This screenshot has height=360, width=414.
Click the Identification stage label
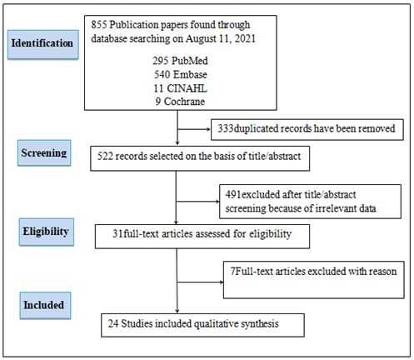(43, 44)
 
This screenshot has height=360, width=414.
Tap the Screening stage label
(44, 152)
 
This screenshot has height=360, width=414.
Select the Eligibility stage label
(47, 232)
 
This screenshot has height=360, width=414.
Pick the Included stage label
(45, 305)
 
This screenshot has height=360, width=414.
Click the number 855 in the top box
(99, 25)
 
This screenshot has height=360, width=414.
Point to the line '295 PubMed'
(180, 61)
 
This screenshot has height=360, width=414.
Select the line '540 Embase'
(181, 74)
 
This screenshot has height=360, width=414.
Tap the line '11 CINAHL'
(181, 88)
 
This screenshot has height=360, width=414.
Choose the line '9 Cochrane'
(180, 102)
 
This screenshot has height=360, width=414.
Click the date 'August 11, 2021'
(221, 38)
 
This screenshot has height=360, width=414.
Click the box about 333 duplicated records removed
(307, 129)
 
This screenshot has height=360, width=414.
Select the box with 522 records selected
(200, 158)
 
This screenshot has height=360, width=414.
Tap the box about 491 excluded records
(310, 202)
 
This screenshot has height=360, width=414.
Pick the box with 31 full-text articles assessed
(202, 237)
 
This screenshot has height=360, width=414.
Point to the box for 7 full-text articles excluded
(314, 280)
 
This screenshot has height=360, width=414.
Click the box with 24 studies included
(202, 325)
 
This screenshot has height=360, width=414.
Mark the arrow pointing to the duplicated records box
(194, 129)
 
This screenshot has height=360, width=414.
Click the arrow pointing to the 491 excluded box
(198, 202)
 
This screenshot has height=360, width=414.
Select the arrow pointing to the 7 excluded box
(200, 282)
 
